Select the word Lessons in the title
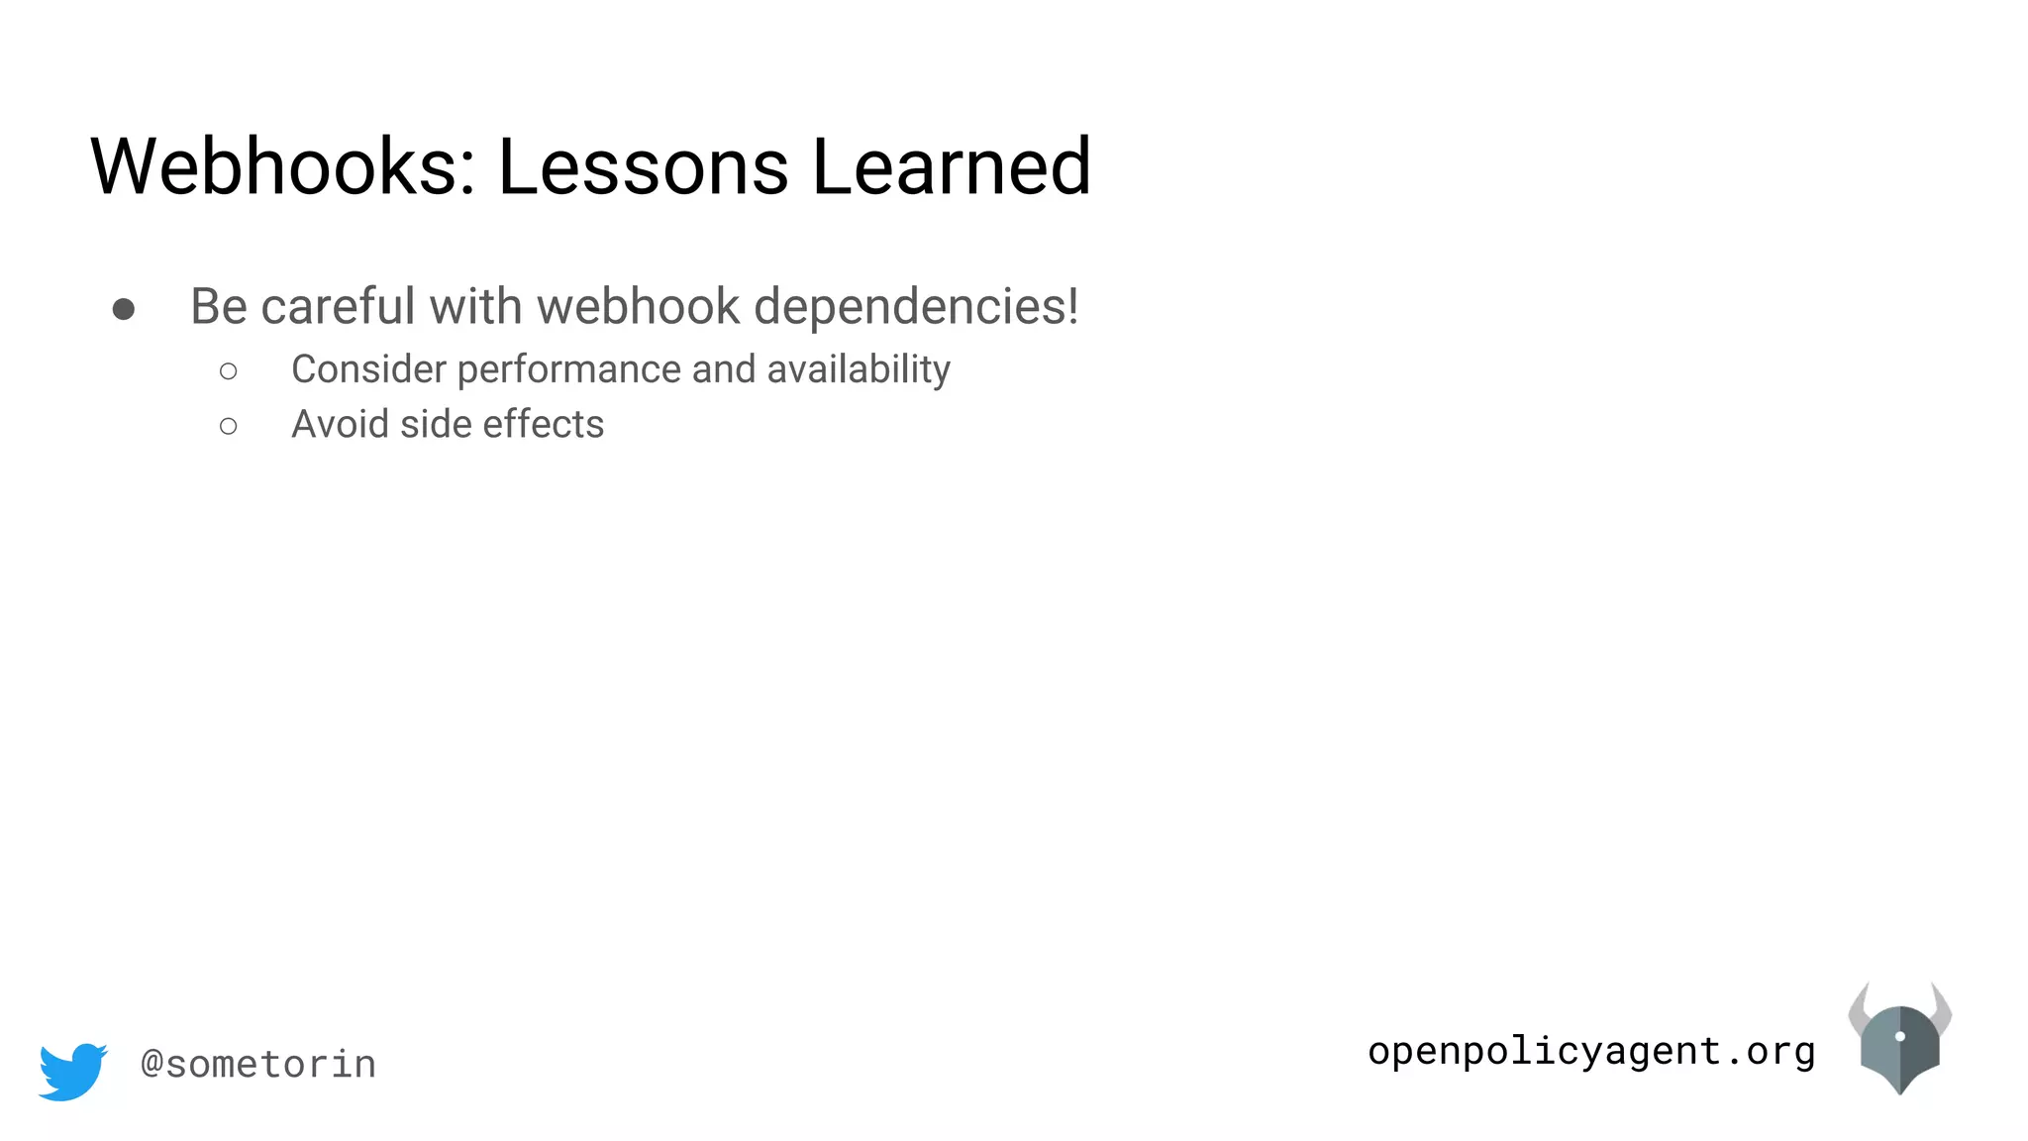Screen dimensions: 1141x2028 click(643, 166)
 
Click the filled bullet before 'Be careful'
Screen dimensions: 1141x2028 click(124, 310)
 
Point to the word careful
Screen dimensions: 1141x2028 click(338, 306)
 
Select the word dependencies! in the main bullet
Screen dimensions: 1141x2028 click(916, 306)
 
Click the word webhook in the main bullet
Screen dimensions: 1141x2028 click(639, 306)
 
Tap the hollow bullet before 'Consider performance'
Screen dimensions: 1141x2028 click(229, 371)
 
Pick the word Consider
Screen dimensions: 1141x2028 click(368, 369)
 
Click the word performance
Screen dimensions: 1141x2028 click(569, 369)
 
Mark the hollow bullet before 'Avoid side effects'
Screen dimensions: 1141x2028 click(229, 427)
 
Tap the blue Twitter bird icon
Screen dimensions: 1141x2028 click(72, 1071)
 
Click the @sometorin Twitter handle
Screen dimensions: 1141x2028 click(258, 1065)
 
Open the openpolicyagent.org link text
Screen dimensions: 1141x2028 click(1591, 1051)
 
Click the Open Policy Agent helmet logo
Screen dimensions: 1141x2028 click(1899, 1039)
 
